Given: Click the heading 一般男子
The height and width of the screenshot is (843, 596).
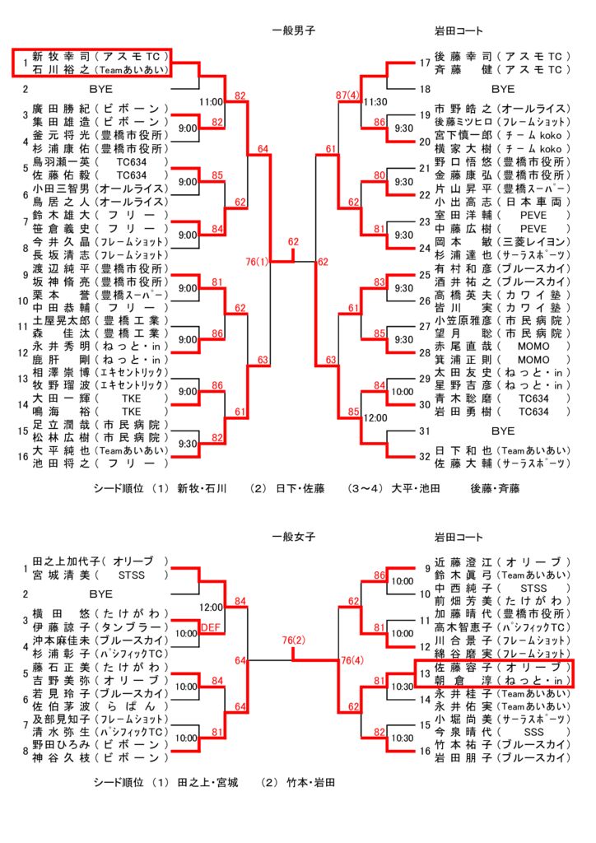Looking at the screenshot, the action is point(293,30).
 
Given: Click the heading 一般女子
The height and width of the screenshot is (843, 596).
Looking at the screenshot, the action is point(293,537).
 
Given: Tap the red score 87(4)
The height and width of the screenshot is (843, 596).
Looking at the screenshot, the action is point(347,95).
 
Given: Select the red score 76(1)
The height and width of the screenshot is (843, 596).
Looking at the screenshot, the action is point(257,262).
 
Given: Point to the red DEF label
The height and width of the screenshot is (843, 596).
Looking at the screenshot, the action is point(211,627).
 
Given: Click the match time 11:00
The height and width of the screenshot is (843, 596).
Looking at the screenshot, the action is point(211,102).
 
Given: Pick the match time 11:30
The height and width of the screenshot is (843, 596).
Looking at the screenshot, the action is point(375,102).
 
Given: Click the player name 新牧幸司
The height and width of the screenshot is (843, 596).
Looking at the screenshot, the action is point(61,57).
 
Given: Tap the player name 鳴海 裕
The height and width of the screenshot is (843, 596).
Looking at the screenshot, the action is point(61,412).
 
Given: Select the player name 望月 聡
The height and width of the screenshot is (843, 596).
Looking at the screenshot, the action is point(463,333).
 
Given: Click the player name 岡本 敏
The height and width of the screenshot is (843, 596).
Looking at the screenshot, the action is point(463,242).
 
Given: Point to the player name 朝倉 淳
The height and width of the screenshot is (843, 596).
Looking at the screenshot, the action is point(463,680).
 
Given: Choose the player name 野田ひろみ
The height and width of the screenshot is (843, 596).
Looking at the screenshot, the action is point(61,744).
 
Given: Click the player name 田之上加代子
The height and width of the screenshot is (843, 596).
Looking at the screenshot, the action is point(67,561).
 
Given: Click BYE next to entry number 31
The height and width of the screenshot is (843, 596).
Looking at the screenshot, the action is point(503,431).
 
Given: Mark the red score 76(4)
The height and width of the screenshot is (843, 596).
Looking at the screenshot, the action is point(352,661).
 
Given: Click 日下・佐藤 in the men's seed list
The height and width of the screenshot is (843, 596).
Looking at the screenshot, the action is point(300,489).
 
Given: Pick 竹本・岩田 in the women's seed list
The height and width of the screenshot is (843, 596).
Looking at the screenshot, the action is point(310,783).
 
